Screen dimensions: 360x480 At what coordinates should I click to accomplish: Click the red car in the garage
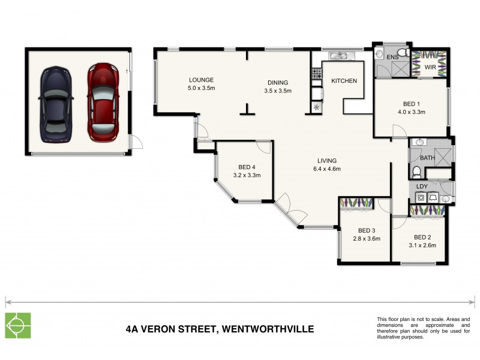click(101, 102)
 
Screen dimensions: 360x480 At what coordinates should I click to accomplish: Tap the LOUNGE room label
click(201, 80)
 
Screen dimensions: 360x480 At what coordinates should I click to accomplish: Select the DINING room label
click(277, 83)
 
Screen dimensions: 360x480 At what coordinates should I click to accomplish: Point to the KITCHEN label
click(344, 81)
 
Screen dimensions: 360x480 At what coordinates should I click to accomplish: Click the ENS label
click(392, 57)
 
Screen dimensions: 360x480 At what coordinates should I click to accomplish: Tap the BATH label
click(427, 158)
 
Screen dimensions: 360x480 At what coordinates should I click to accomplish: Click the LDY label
click(422, 186)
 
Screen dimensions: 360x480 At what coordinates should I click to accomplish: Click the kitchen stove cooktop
click(316, 75)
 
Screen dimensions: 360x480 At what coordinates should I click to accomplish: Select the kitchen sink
click(339, 56)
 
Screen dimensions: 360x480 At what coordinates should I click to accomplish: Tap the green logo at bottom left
click(17, 326)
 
